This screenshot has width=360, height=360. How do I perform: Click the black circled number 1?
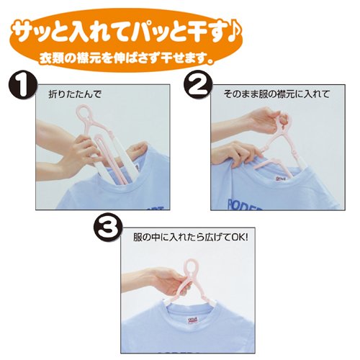point(22,85)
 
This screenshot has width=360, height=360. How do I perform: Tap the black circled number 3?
point(108,228)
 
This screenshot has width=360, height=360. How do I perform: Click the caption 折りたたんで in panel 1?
point(75,94)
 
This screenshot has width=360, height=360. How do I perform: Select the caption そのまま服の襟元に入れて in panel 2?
point(276,94)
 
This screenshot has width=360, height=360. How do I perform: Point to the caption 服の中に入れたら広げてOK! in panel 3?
point(191,238)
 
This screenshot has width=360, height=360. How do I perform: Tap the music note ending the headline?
point(233,31)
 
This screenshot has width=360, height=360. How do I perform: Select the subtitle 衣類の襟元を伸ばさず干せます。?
point(127,58)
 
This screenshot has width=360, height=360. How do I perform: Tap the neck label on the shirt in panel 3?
point(192,320)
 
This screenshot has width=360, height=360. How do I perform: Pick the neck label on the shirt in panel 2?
point(280,179)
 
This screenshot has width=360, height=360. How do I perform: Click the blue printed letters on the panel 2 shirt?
point(244,204)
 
